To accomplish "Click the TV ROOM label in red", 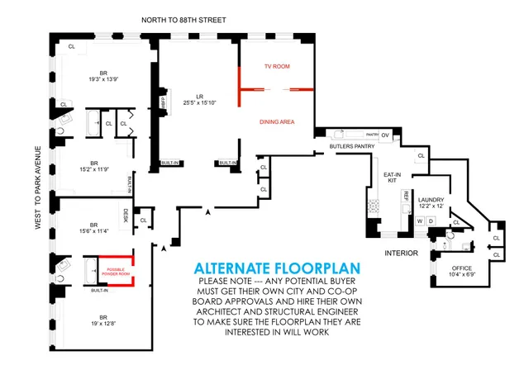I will pyautogui.click(x=277, y=65).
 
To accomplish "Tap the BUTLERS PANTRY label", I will pyautogui.click(x=348, y=146).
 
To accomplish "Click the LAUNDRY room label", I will pyautogui.click(x=431, y=201).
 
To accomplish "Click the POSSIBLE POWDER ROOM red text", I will pyautogui.click(x=117, y=271).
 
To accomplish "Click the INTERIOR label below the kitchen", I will pyautogui.click(x=402, y=253).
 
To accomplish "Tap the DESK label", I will pyautogui.click(x=126, y=215).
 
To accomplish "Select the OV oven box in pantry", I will pyautogui.click(x=384, y=135).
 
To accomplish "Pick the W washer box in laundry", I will pyautogui.click(x=420, y=221).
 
